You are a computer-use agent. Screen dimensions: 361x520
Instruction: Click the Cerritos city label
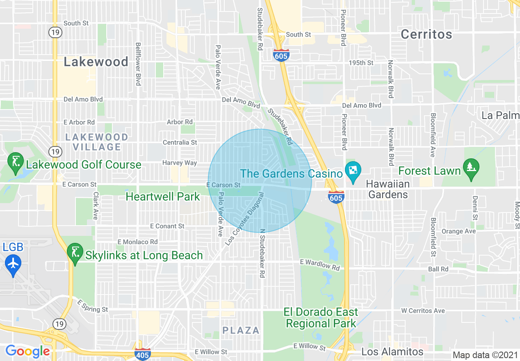point(426,34)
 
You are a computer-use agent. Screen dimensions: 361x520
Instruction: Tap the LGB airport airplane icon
point(13,263)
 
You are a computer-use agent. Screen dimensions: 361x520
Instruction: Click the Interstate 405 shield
point(142,354)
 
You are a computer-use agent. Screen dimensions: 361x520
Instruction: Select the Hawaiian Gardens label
point(388,189)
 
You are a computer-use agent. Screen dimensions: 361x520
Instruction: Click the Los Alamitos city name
point(392,352)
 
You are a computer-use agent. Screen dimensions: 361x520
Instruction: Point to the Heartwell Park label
point(163,196)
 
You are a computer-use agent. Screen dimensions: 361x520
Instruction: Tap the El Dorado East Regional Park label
point(321,318)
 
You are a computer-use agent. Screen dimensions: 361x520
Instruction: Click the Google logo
point(27,351)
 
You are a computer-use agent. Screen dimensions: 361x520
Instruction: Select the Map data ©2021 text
point(485,355)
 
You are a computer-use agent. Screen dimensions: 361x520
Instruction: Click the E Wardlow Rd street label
point(320,265)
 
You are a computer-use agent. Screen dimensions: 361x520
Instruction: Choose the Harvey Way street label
point(180,163)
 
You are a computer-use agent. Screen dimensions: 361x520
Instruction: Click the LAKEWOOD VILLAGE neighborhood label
point(97,142)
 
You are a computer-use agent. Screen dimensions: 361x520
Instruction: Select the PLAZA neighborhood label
point(241,330)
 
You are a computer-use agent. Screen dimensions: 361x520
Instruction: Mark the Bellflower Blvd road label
point(138,64)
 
